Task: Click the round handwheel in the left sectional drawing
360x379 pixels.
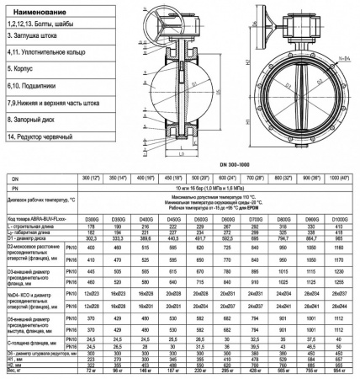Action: pyautogui.click(x=172, y=17)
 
